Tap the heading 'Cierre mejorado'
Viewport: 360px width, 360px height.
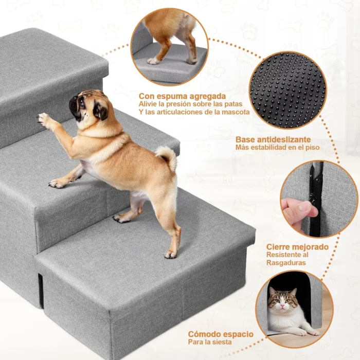coord(297,247)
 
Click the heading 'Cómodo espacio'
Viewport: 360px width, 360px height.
coord(221,334)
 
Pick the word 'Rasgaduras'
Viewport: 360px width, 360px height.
coord(286,263)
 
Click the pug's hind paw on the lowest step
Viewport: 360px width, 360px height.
coord(170,254)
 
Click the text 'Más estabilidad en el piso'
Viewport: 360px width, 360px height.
coord(277,148)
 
